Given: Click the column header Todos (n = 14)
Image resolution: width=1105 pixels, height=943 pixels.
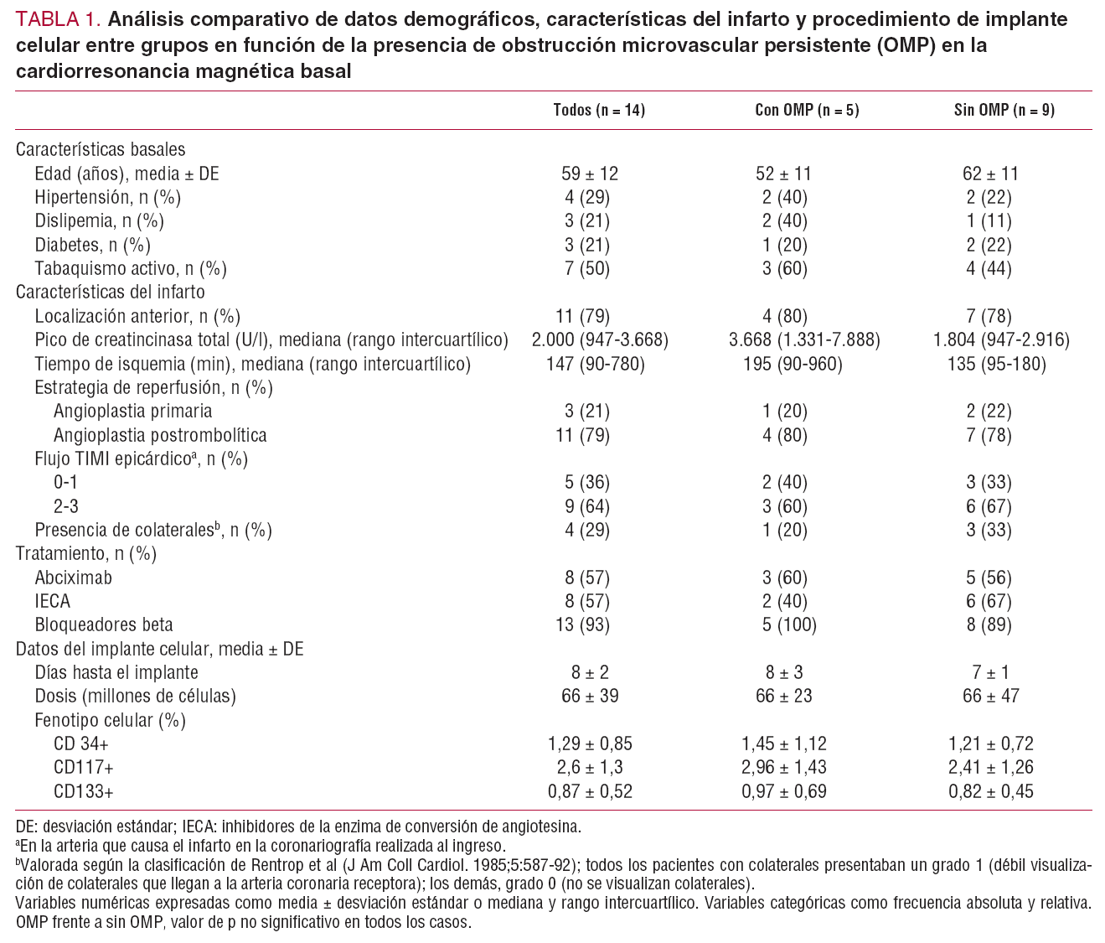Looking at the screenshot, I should [598, 111].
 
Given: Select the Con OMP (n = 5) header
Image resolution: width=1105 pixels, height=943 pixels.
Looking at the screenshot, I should [807, 111].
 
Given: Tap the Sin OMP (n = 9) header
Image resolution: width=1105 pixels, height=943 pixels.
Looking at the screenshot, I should [1004, 111].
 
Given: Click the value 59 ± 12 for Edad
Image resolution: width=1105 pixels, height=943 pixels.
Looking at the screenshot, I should [589, 174].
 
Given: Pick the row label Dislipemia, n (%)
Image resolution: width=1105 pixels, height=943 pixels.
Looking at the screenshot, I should [99, 221].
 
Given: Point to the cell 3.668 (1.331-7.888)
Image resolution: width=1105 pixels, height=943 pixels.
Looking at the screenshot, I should [804, 340].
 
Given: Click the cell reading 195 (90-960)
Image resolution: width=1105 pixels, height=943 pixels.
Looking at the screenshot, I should [793, 364].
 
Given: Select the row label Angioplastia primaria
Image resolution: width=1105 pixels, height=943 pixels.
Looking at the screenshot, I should [132, 412].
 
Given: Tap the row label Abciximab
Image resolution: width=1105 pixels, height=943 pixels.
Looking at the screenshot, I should [73, 578].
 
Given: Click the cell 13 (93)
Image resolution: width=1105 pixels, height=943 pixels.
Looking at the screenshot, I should [586, 624].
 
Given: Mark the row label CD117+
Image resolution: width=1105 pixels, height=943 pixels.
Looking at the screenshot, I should [83, 767].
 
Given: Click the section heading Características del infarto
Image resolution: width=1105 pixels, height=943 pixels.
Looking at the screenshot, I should [110, 293].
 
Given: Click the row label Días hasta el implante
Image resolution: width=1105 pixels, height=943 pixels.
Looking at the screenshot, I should [116, 672].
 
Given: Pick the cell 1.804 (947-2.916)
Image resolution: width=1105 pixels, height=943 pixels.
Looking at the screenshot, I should [1001, 340].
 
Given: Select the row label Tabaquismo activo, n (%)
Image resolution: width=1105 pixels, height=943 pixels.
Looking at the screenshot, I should [131, 269].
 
